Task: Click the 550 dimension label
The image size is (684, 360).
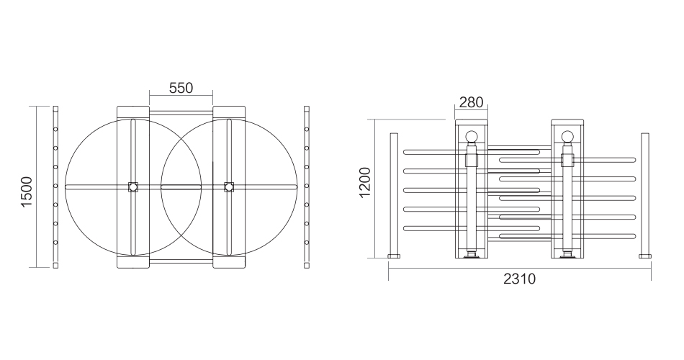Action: click(181, 88)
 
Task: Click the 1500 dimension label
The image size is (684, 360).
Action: click(27, 192)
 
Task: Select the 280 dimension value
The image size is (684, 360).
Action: click(472, 102)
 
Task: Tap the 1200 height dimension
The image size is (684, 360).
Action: click(365, 182)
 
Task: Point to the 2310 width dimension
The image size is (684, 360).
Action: click(519, 279)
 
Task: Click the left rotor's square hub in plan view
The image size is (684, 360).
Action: click(133, 186)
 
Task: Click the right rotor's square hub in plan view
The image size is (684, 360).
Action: click(229, 186)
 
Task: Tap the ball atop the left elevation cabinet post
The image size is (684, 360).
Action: click(471, 137)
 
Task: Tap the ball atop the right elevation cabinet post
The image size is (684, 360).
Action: click(567, 137)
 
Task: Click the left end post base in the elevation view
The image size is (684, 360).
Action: click(395, 256)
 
